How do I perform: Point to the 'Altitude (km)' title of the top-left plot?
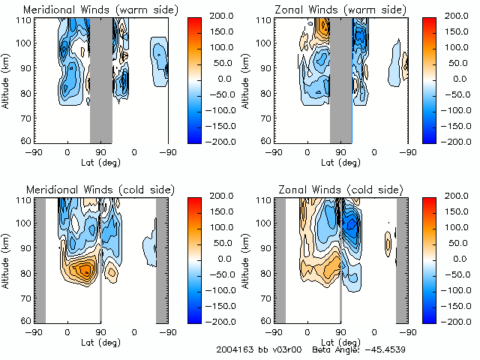point(7,79)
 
